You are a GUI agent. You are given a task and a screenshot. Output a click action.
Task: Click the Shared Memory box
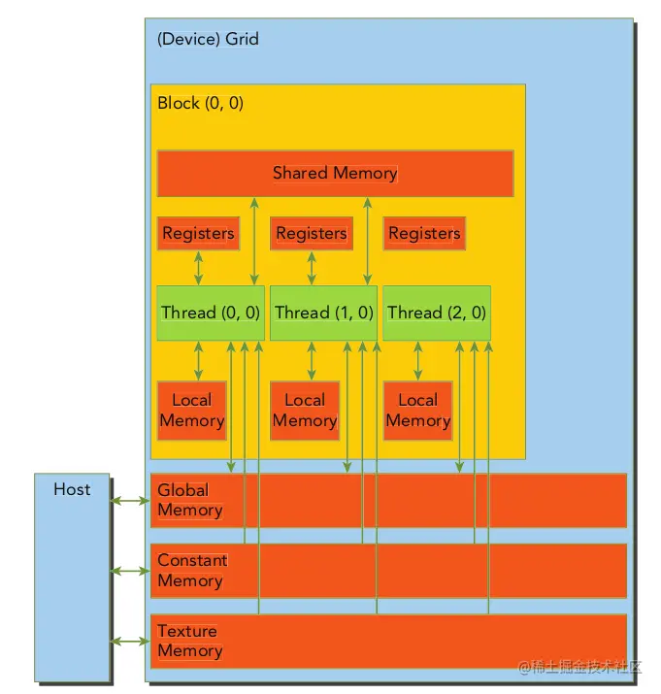coord(335,174)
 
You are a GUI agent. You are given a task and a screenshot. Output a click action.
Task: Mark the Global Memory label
coord(189,500)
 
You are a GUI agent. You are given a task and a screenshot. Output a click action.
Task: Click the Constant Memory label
coord(192,571)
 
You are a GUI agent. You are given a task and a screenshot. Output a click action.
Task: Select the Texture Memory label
coord(189,641)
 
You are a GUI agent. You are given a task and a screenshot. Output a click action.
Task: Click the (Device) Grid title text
coord(208,40)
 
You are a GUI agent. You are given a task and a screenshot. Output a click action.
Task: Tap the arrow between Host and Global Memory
coord(130,501)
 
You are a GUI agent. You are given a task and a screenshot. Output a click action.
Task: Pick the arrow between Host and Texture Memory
coord(130,642)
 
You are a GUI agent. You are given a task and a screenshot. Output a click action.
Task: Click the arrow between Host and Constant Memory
coord(130,571)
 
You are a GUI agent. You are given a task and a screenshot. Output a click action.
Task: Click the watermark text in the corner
coord(580,667)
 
